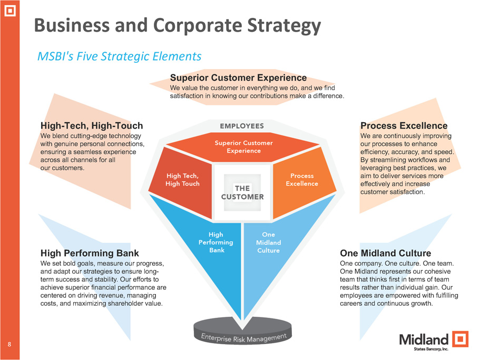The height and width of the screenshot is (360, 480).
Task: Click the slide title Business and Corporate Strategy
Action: coord(177,25)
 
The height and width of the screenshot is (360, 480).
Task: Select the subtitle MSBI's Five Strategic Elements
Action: coord(119,56)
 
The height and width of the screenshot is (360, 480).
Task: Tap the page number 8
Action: coord(9,345)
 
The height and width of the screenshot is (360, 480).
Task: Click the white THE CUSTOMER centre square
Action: coord(242,192)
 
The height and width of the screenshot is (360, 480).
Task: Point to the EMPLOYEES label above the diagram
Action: coord(242,126)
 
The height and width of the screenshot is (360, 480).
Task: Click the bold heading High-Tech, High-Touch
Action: coord(92,126)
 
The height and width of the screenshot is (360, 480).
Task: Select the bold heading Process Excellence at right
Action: coord(404,126)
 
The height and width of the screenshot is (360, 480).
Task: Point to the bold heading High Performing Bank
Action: coord(90,254)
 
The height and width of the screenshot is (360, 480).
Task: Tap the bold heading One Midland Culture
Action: coord(385,254)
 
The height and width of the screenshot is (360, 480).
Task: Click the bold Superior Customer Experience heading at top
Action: coord(238,78)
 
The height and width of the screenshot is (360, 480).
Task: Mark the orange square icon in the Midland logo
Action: coord(461,338)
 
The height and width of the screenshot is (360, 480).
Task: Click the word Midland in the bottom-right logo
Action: coord(424,338)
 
